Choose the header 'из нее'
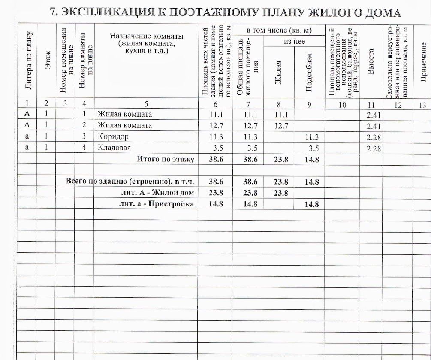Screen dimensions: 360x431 [294, 42]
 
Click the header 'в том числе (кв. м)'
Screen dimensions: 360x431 [279, 31]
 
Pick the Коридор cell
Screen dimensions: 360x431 [113, 137]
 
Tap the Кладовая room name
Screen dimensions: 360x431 [114, 148]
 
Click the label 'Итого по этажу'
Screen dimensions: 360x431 [166, 159]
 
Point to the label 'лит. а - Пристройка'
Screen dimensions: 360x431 [157, 204]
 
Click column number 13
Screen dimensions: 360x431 [422, 104]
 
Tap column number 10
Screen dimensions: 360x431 [342, 104]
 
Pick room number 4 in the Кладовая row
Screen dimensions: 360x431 [84, 148]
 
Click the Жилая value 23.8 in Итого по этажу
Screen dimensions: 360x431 [281, 160]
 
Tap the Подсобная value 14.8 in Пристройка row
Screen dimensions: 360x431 [311, 204]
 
